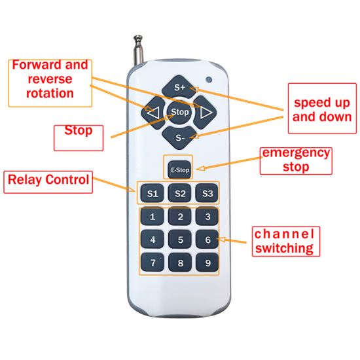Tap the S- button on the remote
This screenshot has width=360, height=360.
pos(180,137)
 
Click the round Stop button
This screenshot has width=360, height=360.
pos(180,112)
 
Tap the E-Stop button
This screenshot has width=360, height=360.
pos(180,170)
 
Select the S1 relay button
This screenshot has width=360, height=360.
pos(152,194)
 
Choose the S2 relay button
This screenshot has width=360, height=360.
pos(180,194)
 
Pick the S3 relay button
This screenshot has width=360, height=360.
pos(207,194)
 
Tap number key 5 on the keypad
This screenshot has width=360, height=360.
pos(180,240)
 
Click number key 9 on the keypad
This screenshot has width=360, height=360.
pos(207,263)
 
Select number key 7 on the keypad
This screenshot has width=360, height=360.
pos(153,263)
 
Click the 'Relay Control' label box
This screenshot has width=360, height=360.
pos(48,181)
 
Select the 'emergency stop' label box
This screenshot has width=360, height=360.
pos(296,160)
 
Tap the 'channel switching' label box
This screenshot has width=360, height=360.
pos(284,241)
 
